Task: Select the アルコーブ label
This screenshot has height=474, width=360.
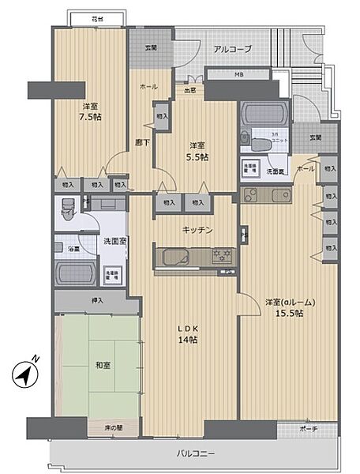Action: pyautogui.click(x=233, y=49)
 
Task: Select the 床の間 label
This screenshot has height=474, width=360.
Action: pyautogui.click(x=114, y=427)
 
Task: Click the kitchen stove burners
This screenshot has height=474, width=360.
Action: pyautogui.click(x=220, y=255)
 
